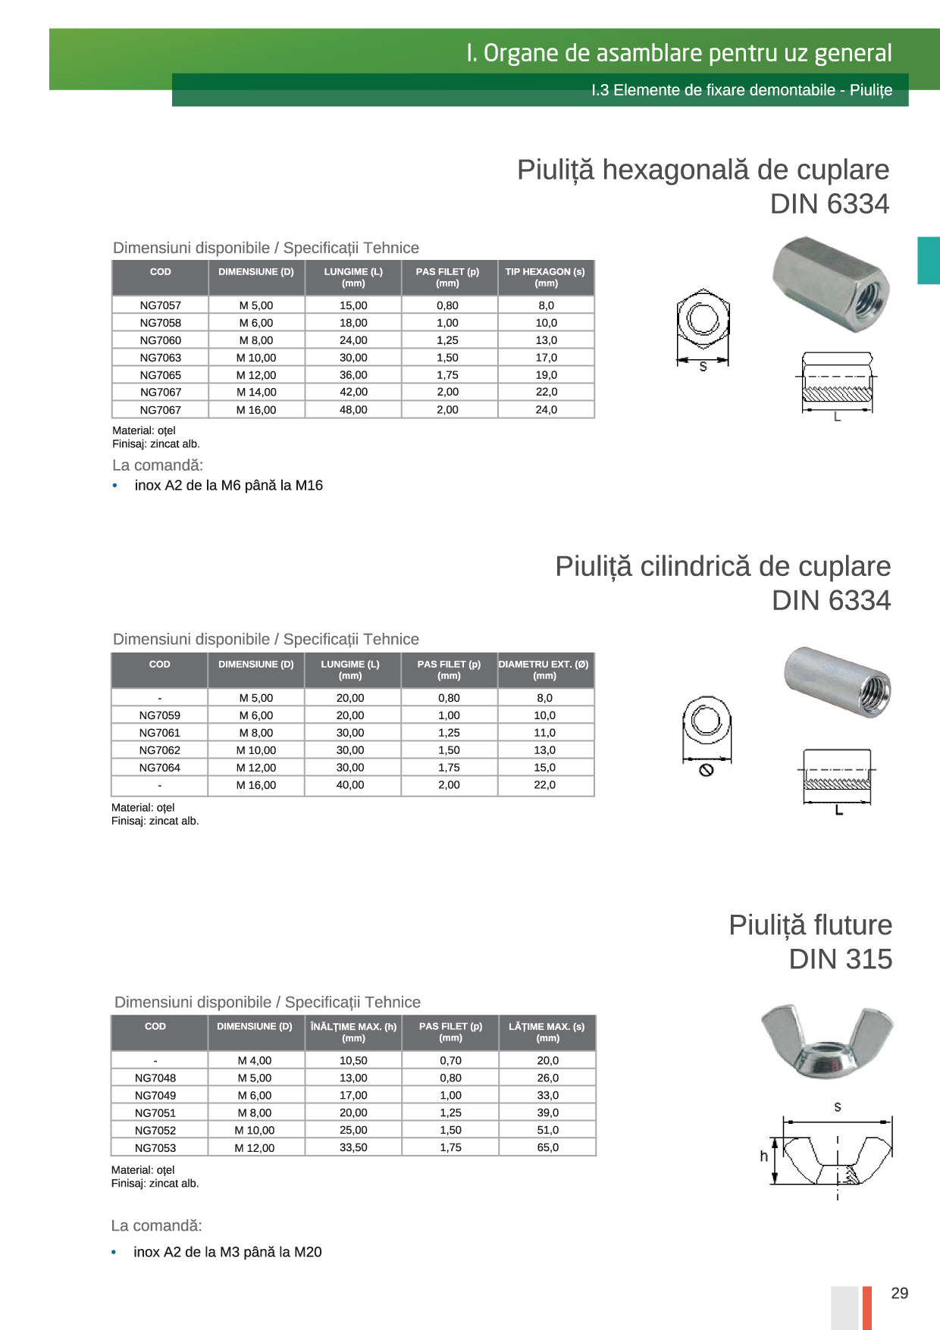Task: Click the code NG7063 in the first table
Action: (160, 358)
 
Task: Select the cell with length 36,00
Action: (353, 375)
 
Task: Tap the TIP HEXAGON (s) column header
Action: (546, 277)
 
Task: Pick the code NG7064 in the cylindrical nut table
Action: (159, 768)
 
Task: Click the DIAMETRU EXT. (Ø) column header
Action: (544, 670)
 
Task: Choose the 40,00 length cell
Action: (350, 785)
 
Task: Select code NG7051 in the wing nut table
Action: (155, 1113)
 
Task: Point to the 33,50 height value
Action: (353, 1148)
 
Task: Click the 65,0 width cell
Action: (547, 1148)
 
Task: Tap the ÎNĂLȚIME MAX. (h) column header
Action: (353, 1032)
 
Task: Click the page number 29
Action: (899, 1294)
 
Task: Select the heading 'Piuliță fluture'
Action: (810, 925)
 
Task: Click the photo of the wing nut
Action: (827, 1041)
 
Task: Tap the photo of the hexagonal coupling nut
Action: (831, 283)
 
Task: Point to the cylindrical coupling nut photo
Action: (838, 681)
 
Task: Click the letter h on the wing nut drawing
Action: (763, 1156)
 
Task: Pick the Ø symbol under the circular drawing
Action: (707, 771)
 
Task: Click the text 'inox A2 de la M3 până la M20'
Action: (227, 1252)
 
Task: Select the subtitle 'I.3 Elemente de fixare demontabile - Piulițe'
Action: (741, 90)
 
